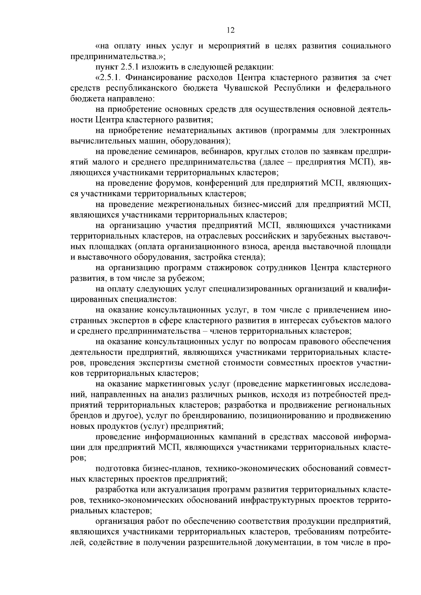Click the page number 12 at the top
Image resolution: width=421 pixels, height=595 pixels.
click(230, 31)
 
